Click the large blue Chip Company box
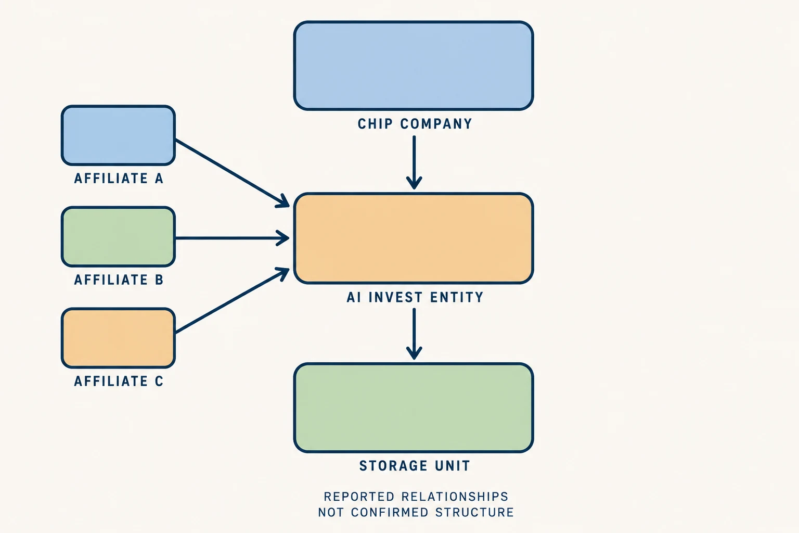click(414, 66)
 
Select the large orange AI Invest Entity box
click(414, 238)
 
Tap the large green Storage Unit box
click(414, 408)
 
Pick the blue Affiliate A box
click(119, 135)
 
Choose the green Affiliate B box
click(119, 237)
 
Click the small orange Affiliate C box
click(119, 338)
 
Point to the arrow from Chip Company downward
click(414, 162)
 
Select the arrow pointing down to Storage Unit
click(414, 334)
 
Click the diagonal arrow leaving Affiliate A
click(233, 173)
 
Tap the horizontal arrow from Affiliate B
click(233, 238)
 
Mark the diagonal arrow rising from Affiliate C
click(233, 300)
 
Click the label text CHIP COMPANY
click(415, 124)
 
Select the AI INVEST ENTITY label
click(415, 297)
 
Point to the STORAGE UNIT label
click(415, 466)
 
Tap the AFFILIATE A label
click(119, 179)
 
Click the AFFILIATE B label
click(119, 280)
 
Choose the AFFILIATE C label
click(119, 382)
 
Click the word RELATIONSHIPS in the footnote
click(455, 497)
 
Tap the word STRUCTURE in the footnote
click(475, 512)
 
